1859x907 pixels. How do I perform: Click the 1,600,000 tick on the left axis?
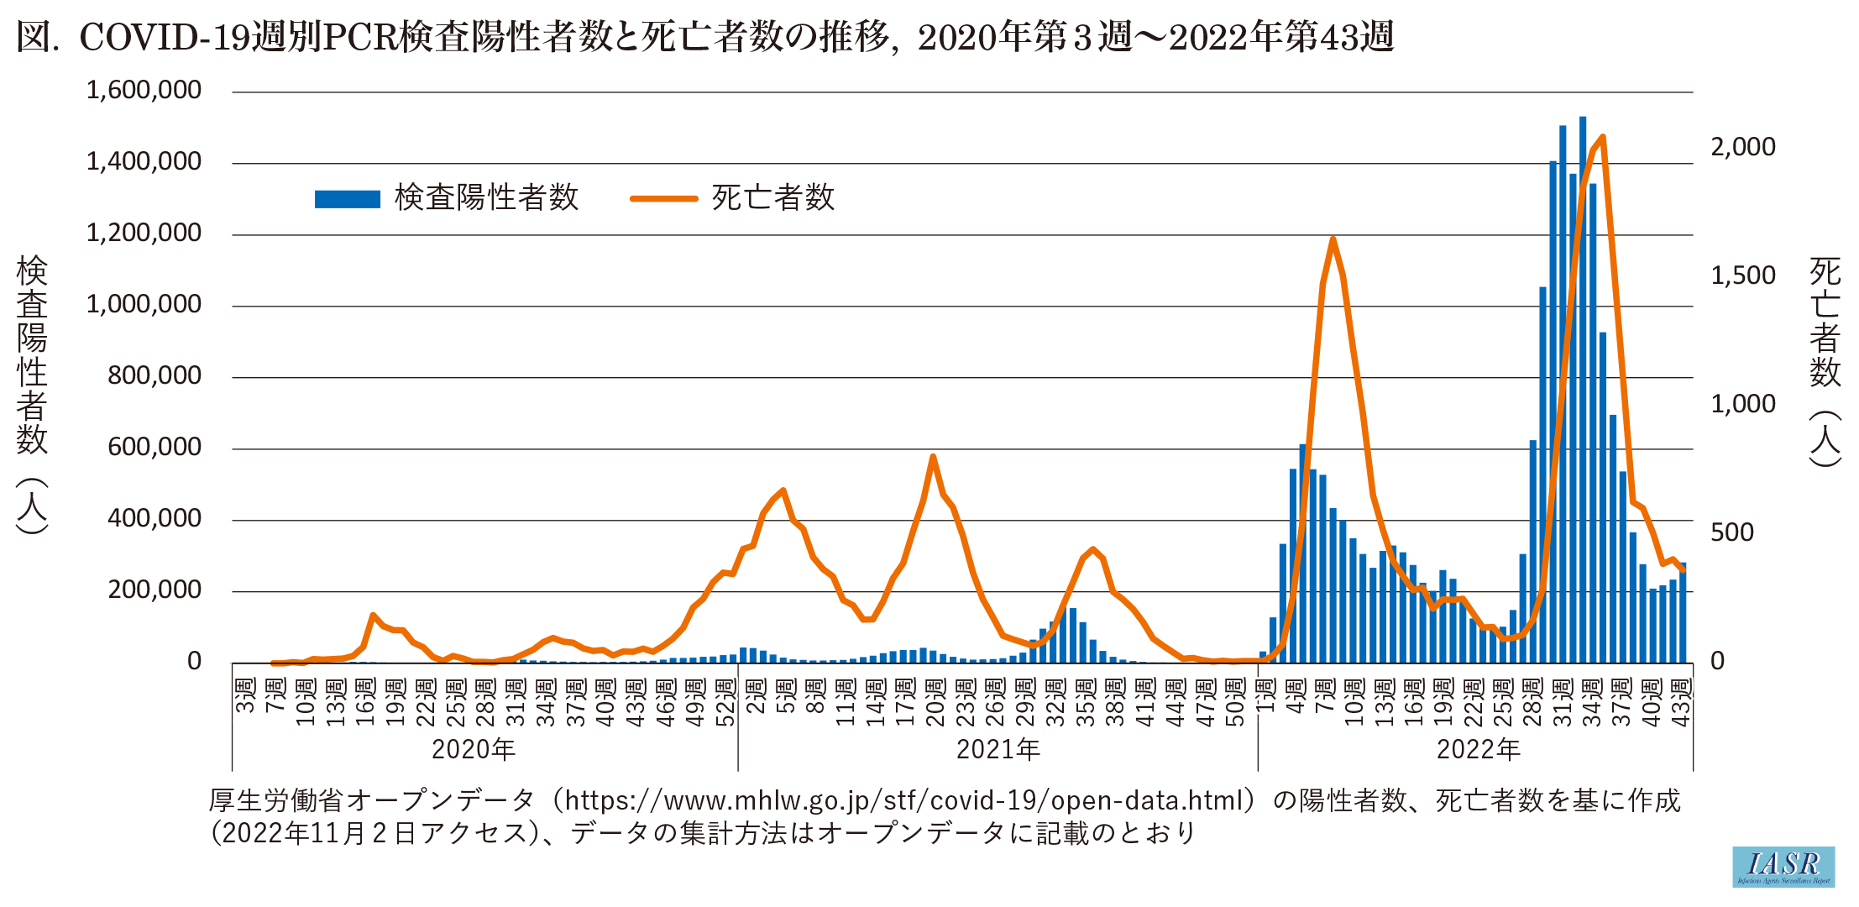click(144, 90)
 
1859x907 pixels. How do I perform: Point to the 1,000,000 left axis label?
click(144, 304)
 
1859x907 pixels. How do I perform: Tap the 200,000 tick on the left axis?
click(154, 590)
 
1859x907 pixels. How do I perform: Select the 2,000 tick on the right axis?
click(1743, 147)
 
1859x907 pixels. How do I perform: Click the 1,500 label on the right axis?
click(1743, 275)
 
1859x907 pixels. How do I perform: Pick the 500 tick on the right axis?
click(1732, 532)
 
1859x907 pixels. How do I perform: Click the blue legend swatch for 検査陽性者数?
click(347, 199)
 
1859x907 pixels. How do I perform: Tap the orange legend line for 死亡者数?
click(663, 199)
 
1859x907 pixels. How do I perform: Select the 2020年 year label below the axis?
click(474, 749)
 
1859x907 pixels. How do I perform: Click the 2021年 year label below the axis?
click(998, 749)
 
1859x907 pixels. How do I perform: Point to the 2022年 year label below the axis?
click(1479, 749)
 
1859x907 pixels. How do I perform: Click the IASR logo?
click(1783, 867)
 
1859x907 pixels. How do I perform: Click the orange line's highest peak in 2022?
click(1603, 136)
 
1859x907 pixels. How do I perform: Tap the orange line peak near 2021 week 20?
click(933, 457)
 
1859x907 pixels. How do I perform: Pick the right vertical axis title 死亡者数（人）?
click(1825, 361)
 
